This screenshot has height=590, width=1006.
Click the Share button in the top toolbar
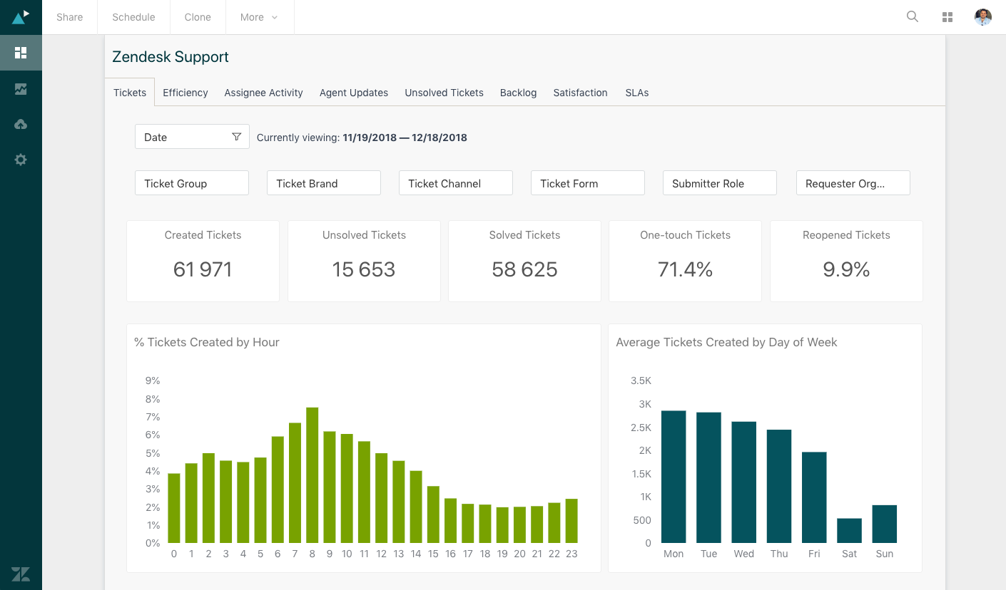70,17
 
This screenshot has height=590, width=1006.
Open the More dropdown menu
259,17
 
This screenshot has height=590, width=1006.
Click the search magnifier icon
912,16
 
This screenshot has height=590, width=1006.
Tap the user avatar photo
983,17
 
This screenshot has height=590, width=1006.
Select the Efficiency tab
186,93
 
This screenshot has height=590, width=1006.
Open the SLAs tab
636,93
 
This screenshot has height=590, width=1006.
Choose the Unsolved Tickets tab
444,93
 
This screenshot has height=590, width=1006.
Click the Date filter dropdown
192,137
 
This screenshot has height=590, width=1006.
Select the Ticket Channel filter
455,183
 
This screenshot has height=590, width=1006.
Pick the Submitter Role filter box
719,183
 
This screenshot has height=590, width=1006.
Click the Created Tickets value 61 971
203,269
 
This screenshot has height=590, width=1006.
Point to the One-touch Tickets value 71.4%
685,269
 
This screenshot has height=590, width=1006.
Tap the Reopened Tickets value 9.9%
846,269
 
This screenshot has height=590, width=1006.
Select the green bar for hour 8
312,475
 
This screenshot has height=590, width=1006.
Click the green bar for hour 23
571,521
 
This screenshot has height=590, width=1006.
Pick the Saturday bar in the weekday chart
849,531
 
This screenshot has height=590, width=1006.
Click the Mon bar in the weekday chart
674,477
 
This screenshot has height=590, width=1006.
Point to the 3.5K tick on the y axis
641,381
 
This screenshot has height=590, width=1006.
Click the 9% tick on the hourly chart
153,381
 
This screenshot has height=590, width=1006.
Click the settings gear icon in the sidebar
21,160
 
